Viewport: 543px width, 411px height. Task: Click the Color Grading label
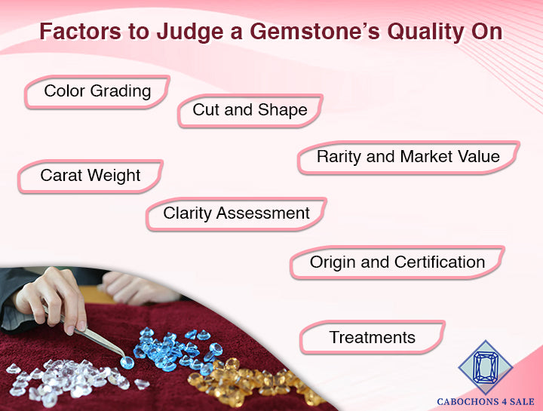(x=97, y=91)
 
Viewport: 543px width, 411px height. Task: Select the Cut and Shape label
(x=250, y=110)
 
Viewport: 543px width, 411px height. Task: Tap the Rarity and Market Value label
(x=408, y=157)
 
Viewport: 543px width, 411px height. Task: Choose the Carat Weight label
(x=90, y=176)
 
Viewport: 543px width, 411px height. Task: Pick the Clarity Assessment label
(x=236, y=213)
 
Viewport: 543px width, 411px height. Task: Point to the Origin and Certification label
(x=397, y=262)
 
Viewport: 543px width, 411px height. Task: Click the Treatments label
(x=372, y=337)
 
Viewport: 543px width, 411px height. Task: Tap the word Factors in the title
(x=78, y=32)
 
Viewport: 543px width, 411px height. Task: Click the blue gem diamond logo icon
(x=486, y=367)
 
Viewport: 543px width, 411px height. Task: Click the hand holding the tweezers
(x=49, y=298)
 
